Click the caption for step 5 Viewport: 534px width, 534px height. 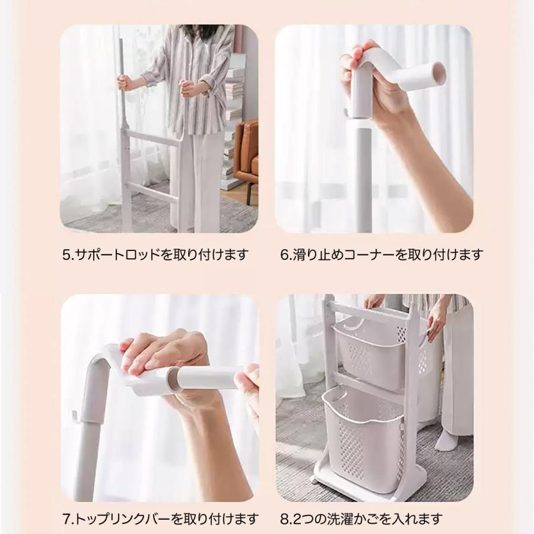(155, 255)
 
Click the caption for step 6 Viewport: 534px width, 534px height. (382, 255)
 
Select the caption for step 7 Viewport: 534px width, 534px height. (160, 519)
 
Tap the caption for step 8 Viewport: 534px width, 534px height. (361, 519)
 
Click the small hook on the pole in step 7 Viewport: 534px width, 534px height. (75, 417)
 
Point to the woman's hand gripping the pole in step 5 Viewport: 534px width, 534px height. (124, 83)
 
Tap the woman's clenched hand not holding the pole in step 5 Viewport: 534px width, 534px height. (187, 88)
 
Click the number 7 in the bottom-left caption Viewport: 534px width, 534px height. (66, 519)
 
